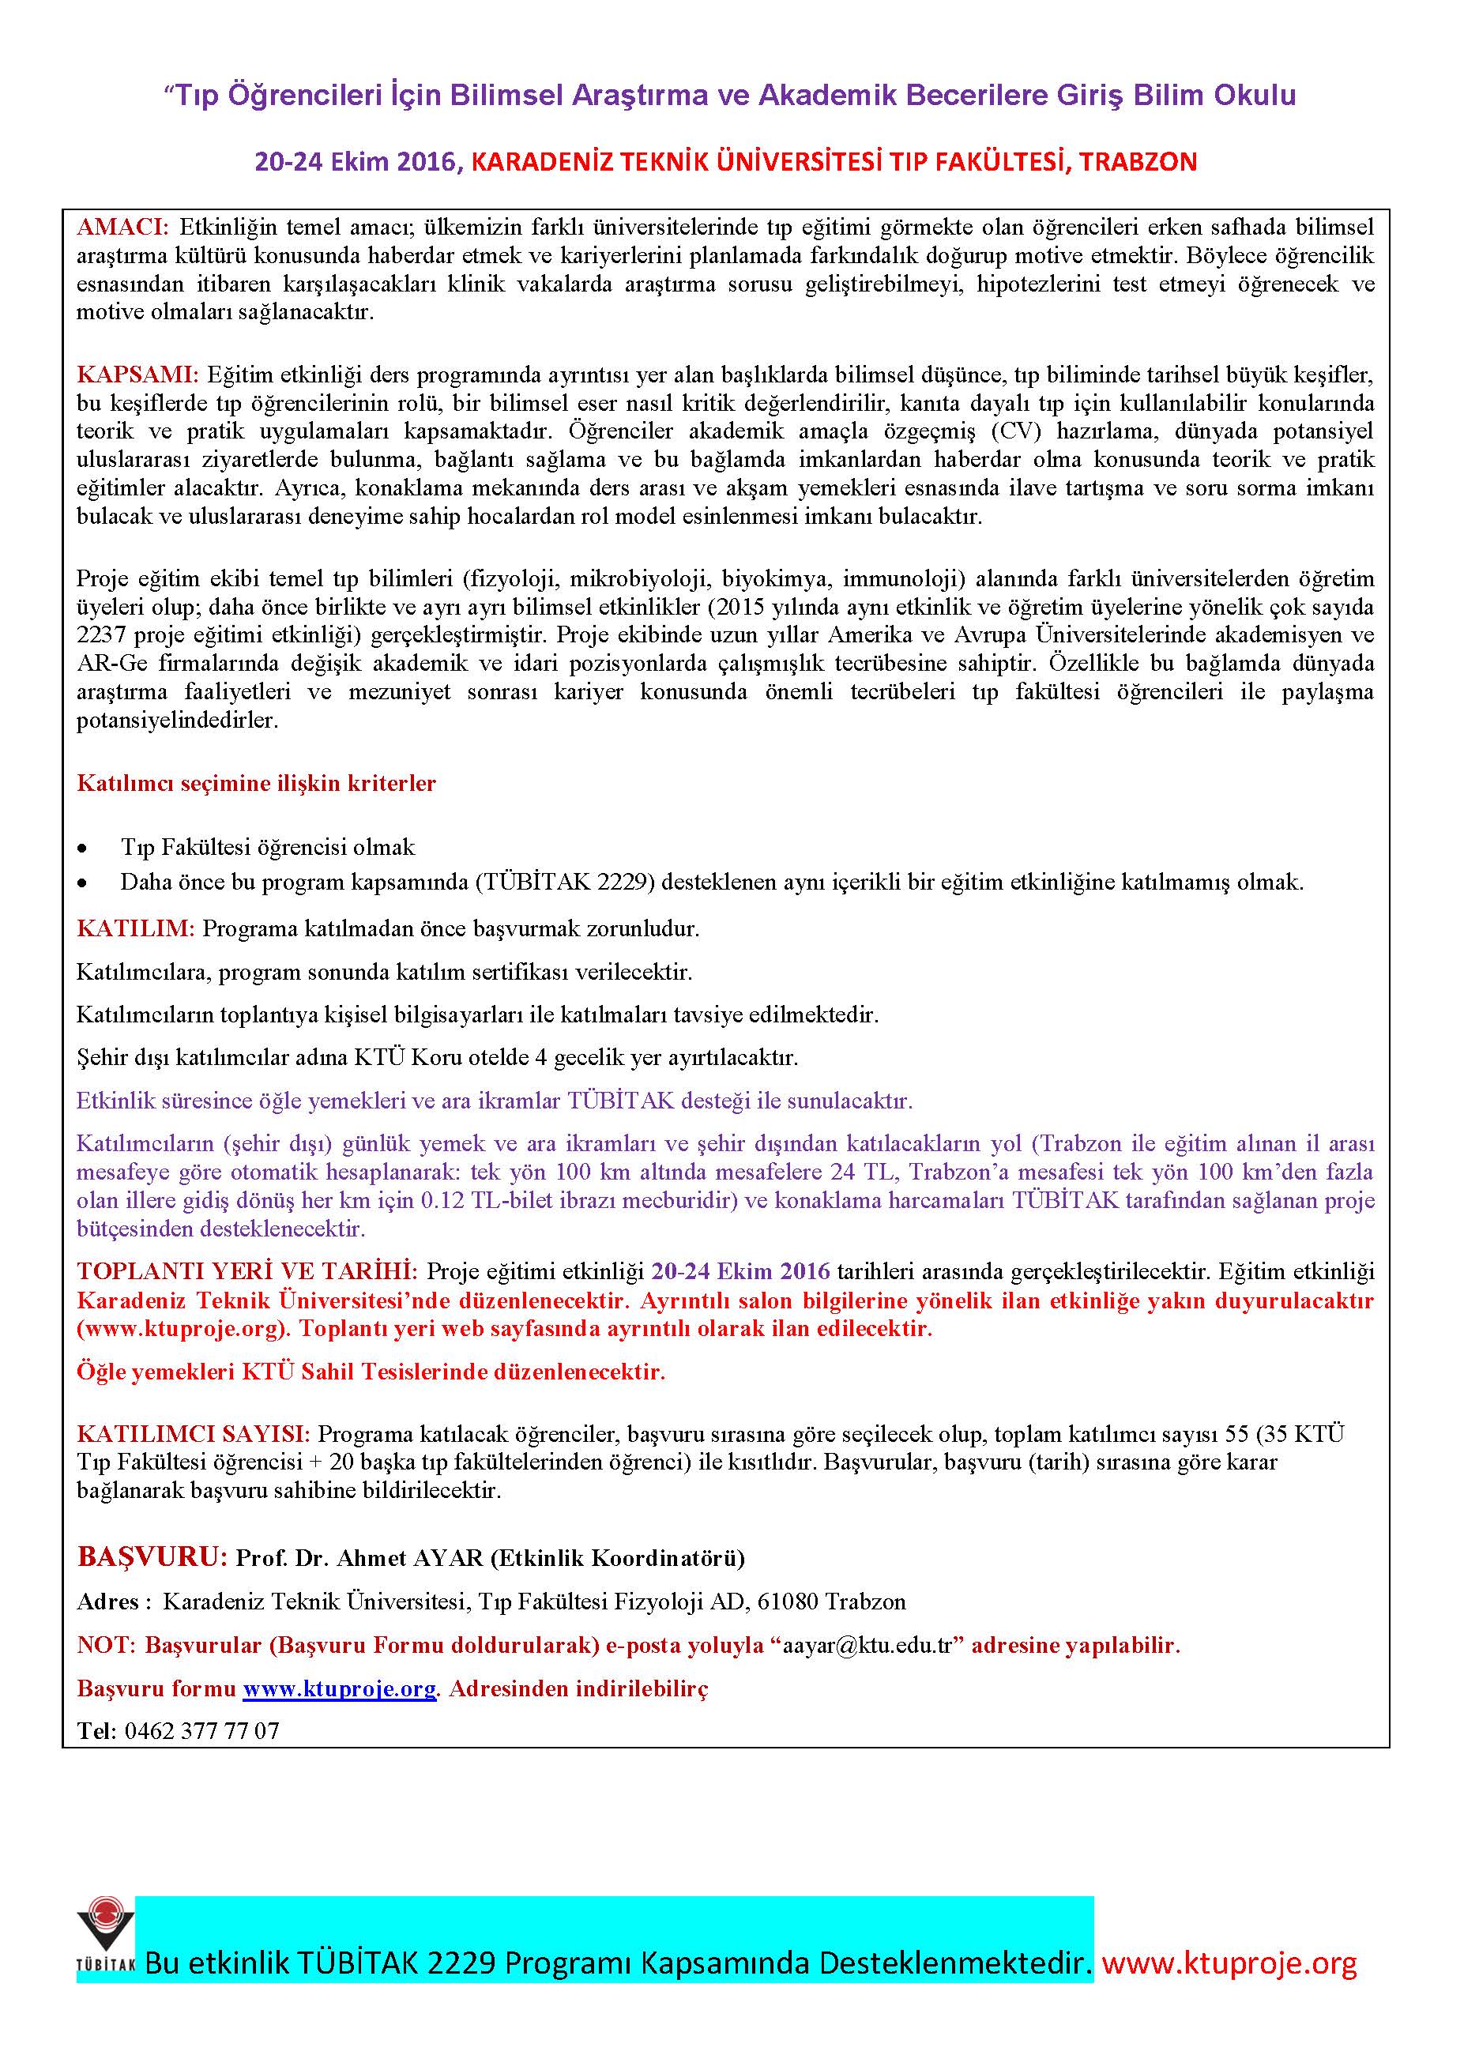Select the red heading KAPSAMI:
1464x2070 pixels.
tap(136, 374)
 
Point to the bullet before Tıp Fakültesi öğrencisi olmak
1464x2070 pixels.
tap(83, 849)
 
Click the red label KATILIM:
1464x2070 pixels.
tap(135, 928)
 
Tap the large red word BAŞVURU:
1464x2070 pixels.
tap(152, 1557)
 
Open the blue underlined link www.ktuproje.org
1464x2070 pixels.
tap(339, 1688)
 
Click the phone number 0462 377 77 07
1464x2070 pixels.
tap(202, 1731)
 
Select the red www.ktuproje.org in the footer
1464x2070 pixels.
tap(1229, 1963)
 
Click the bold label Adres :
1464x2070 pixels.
tap(108, 1602)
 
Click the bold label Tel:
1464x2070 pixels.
tap(96, 1731)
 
